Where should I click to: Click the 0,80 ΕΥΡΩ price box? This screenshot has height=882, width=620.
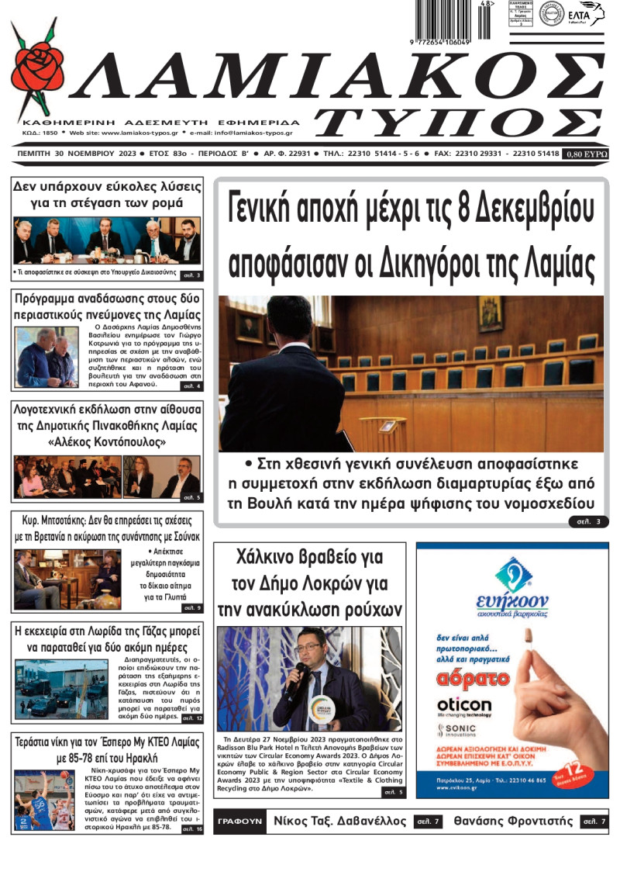586,154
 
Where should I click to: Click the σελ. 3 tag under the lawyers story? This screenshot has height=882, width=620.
587,521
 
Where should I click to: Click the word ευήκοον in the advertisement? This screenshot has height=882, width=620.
512,601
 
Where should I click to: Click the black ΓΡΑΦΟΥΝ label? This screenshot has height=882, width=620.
236,821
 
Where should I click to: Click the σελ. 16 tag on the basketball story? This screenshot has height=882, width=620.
191,828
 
